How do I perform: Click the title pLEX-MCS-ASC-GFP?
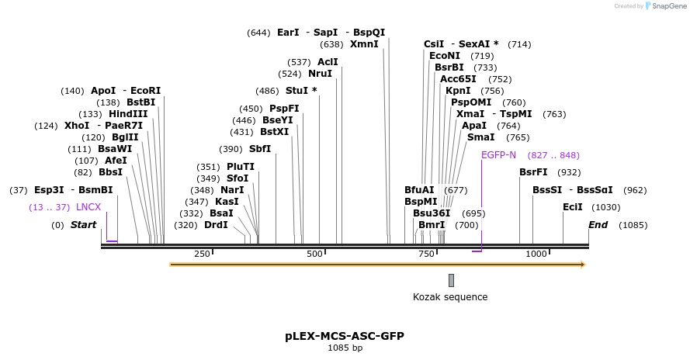[x=345, y=336]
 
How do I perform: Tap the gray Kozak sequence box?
[x=451, y=280]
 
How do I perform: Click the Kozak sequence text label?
[x=450, y=296]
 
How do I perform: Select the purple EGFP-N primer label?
[x=498, y=155]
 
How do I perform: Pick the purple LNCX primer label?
[x=88, y=207]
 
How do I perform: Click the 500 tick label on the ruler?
[x=315, y=254]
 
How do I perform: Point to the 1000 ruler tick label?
[x=536, y=254]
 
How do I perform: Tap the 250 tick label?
[x=202, y=254]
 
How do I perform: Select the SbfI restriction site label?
[x=260, y=149]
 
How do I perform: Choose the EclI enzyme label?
[x=573, y=207]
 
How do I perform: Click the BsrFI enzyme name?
[x=533, y=172]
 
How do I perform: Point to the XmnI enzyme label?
[x=364, y=44]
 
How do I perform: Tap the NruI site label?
[x=320, y=74]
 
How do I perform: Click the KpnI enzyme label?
[x=458, y=91]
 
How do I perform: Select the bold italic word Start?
[x=83, y=225]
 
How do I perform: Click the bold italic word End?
[x=598, y=225]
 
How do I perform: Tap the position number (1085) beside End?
[x=633, y=225]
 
